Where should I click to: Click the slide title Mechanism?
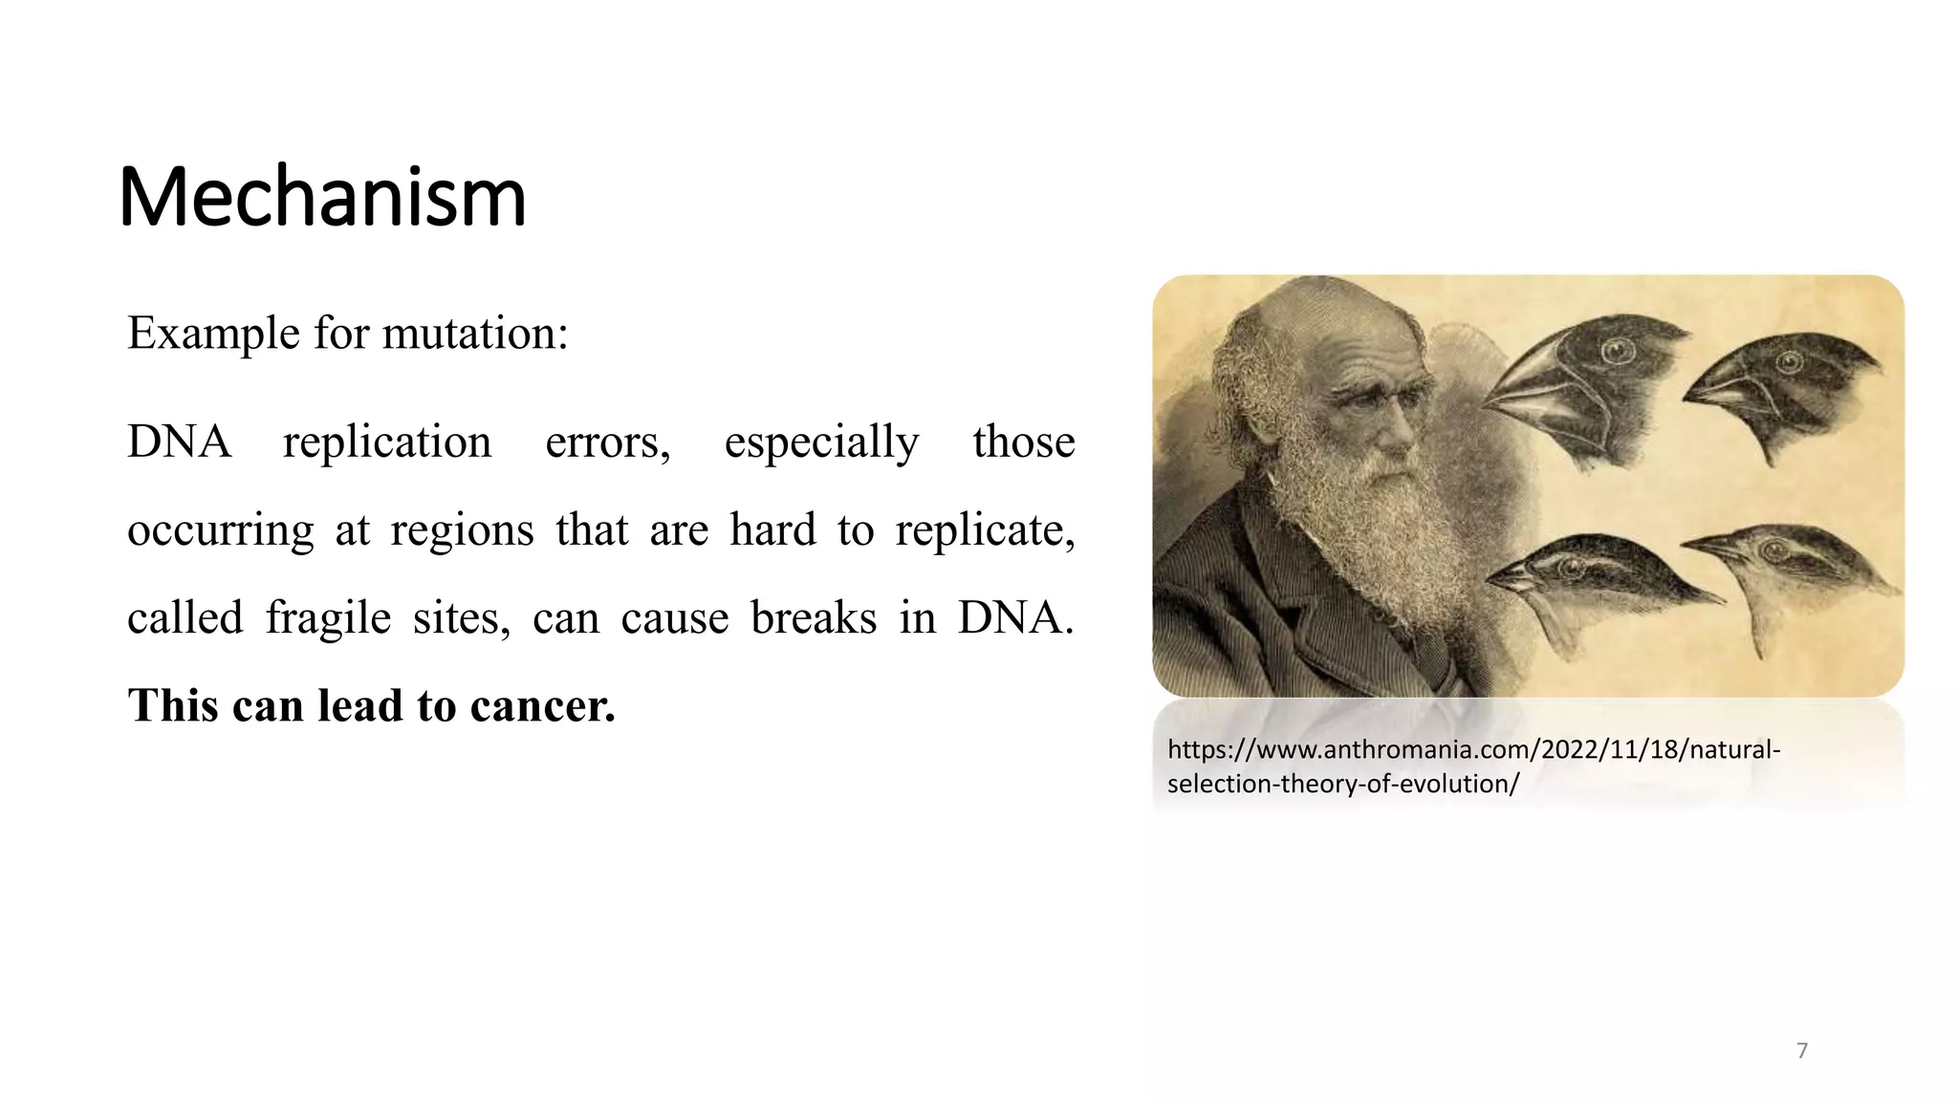322,198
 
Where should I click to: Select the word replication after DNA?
386,442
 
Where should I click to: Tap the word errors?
607,442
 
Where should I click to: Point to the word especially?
821,442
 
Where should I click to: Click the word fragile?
328,617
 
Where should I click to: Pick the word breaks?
813,617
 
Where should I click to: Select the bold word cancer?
542,705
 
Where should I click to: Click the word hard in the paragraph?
772,529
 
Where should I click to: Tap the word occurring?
220,529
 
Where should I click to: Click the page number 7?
1802,1051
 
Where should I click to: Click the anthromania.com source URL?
1472,766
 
